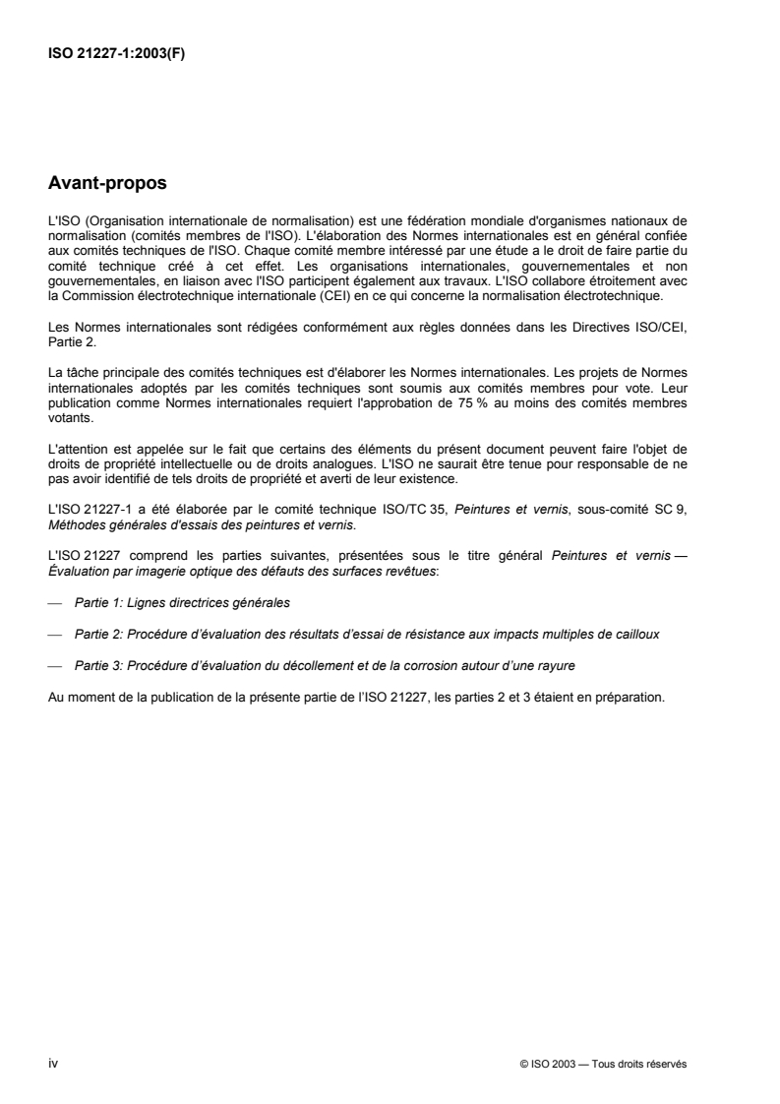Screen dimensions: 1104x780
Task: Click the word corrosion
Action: click(422, 666)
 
